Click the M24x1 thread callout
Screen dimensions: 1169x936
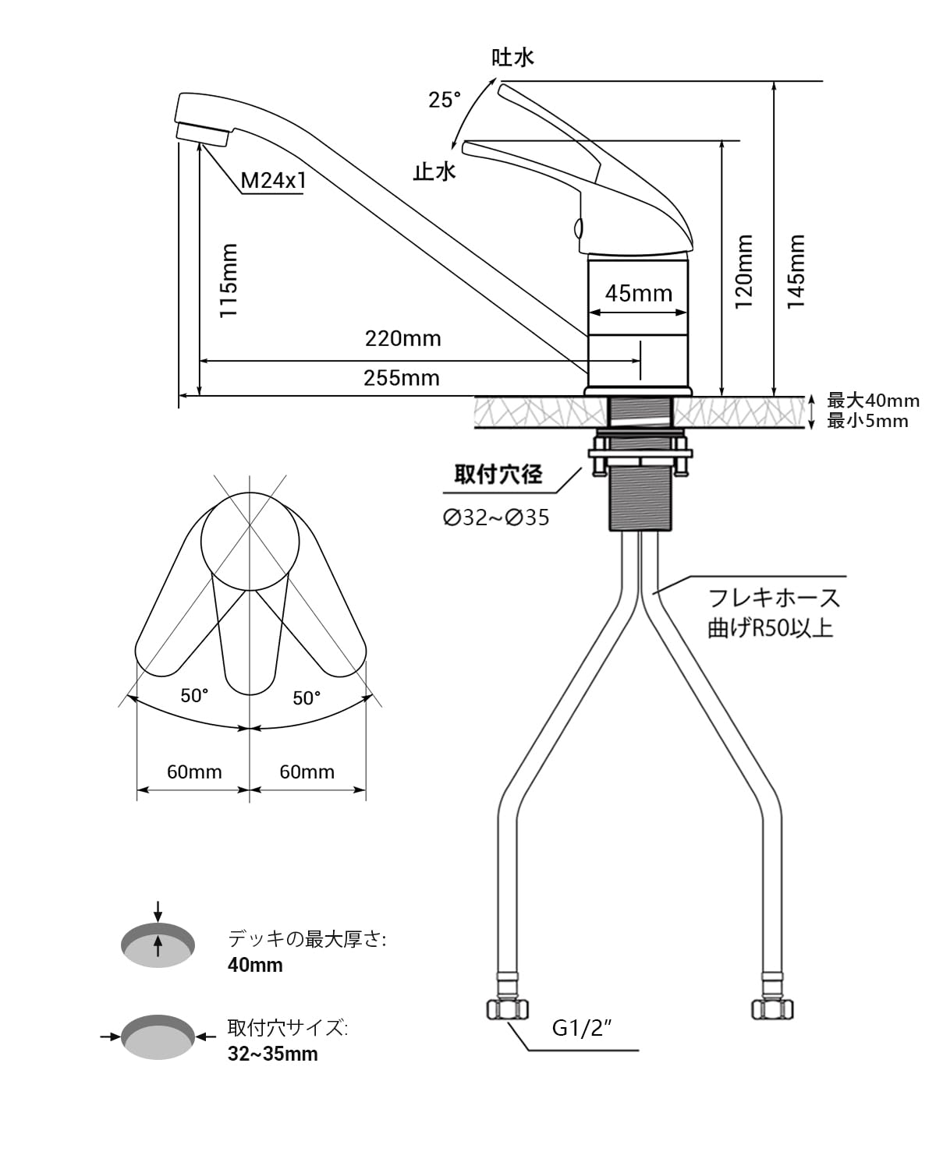tap(273, 181)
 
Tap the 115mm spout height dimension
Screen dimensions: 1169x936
tap(228, 281)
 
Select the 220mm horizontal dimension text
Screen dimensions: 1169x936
tap(402, 338)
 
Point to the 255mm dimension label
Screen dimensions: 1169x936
tap(401, 378)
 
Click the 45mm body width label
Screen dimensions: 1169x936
tap(638, 293)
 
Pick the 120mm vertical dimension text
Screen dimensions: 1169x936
tap(744, 271)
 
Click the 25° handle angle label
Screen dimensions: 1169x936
tap(444, 100)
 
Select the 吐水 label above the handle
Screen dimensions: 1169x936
tap(512, 57)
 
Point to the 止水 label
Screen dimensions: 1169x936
tap(434, 171)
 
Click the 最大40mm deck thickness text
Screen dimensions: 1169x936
tap(873, 401)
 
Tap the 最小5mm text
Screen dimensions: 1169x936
tap(867, 421)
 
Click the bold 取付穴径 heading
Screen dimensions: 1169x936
tap(498, 474)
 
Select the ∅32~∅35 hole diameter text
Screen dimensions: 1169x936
tap(496, 517)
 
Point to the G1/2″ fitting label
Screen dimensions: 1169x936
tap(581, 1028)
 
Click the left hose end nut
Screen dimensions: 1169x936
tap(507, 1008)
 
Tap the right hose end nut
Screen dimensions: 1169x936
tap(772, 1008)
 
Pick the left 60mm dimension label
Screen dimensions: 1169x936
tap(194, 772)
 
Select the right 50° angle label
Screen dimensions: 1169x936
tap(307, 698)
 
